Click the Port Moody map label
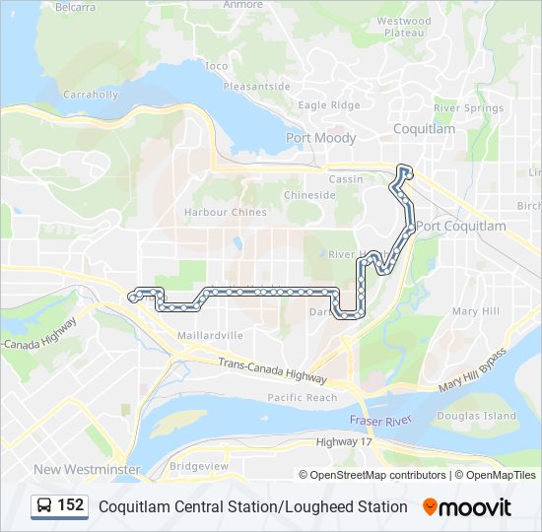point(320,138)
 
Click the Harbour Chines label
point(225,212)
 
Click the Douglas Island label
point(476,416)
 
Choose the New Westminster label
point(87,469)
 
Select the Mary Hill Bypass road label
point(473,369)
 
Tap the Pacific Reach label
point(302,398)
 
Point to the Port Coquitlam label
point(460,227)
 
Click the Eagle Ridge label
point(329,105)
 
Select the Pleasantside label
point(256,86)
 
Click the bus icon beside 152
point(43,506)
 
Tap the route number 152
point(71,505)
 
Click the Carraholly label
point(90,96)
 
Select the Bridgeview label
point(198,465)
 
